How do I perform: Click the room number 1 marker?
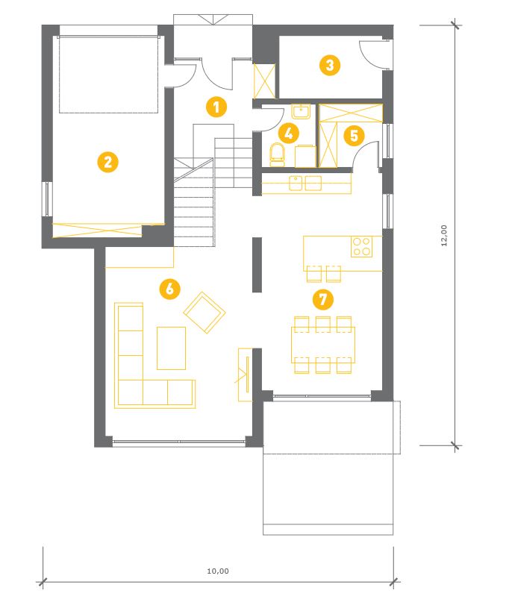coord(216,107)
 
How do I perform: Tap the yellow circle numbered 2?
coord(107,162)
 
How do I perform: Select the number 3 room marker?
coord(330,65)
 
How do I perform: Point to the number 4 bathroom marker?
coord(288,134)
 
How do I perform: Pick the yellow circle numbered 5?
coord(354,136)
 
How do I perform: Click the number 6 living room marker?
coord(170,288)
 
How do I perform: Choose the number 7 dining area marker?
coord(322,299)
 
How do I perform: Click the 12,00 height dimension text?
coord(444,236)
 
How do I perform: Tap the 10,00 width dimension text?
coord(218,571)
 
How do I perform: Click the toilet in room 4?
coord(277,154)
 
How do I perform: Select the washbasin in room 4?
coord(301,111)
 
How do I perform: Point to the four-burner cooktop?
coord(361,247)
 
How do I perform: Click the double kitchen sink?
coord(305,184)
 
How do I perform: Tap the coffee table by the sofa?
coord(171,348)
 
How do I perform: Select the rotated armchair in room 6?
coord(204,313)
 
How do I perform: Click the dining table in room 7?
coord(323,345)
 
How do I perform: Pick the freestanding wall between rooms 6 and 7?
coord(257,265)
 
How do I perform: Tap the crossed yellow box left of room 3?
coord(264,81)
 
